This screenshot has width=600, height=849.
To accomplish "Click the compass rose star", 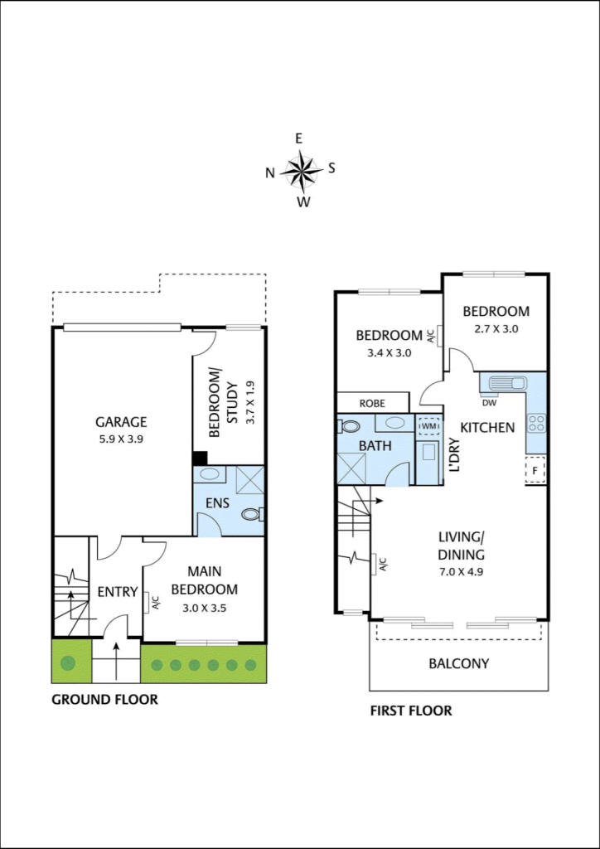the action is [x=302, y=170].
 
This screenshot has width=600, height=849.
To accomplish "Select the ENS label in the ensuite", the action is [x=217, y=502].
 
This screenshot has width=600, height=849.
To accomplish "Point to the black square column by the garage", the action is [x=200, y=458].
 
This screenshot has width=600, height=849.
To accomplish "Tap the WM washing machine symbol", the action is [x=428, y=427].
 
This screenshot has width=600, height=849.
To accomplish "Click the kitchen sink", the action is [x=506, y=384].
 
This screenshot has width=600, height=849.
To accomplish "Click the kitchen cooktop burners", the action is [x=538, y=423].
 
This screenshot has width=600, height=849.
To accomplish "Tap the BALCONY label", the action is [x=458, y=663].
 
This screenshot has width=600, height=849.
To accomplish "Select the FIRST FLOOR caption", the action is [x=411, y=711].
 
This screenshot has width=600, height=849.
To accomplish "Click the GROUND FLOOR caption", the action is [x=105, y=699].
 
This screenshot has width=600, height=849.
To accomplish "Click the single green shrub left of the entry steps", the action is [x=68, y=662].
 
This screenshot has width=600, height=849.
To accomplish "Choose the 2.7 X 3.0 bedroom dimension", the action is [x=496, y=328].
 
